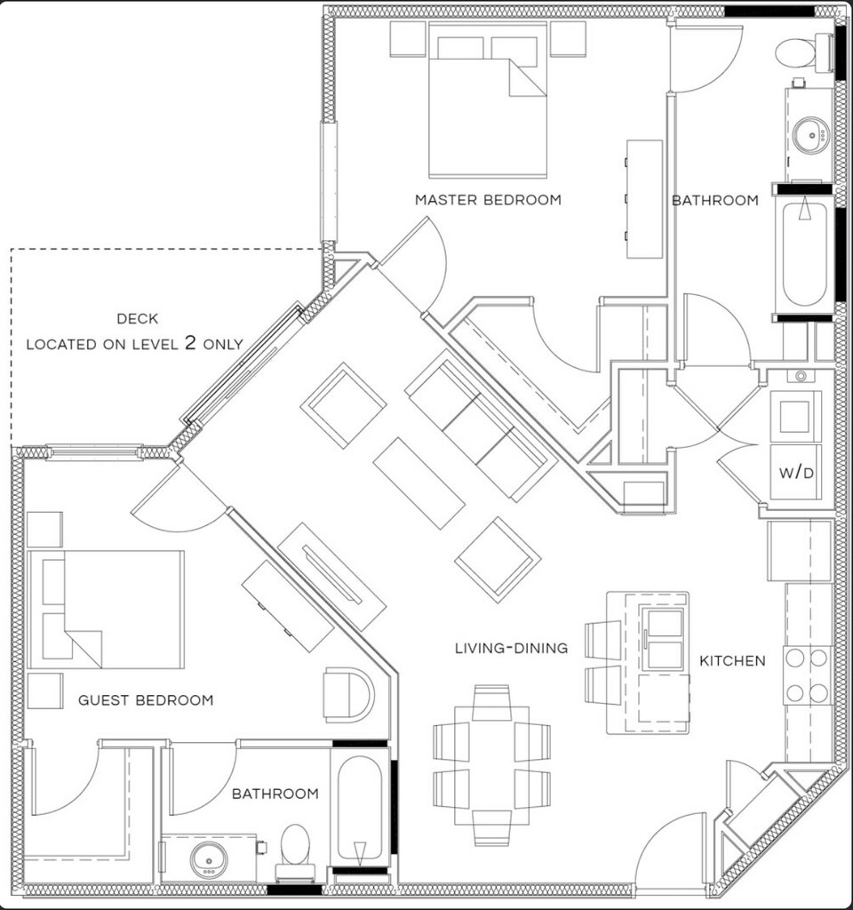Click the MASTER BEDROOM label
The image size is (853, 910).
coord(488,200)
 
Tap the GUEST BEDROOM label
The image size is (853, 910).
coord(146,700)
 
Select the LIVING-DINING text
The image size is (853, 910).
coord(511,649)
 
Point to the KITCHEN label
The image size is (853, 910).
coord(732,661)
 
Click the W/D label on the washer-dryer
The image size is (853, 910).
coord(796,474)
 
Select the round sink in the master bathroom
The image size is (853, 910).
coord(809,136)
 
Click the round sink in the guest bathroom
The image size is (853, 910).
coord(209,859)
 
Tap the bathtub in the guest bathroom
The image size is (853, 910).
coord(360,809)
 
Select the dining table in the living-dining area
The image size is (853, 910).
coord(491,764)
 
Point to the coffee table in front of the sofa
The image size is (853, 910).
coord(419,483)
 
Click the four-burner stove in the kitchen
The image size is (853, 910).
coord(807,675)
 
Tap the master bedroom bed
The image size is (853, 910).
coord(487,102)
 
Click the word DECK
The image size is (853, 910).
coord(135,319)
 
